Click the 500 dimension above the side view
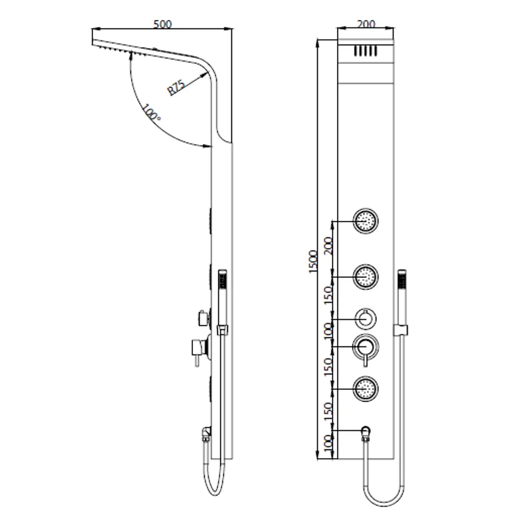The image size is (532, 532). (x=162, y=24)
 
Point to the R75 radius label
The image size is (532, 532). (x=176, y=86)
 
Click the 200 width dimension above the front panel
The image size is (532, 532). (x=366, y=24)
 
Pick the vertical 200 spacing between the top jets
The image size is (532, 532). (x=327, y=247)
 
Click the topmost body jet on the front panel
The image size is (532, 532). (x=366, y=220)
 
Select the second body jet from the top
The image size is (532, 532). (x=366, y=276)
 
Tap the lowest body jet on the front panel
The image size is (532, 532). (x=366, y=388)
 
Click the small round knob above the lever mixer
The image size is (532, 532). (x=366, y=319)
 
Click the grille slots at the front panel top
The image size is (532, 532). (x=366, y=51)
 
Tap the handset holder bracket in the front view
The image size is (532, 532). (x=402, y=329)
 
